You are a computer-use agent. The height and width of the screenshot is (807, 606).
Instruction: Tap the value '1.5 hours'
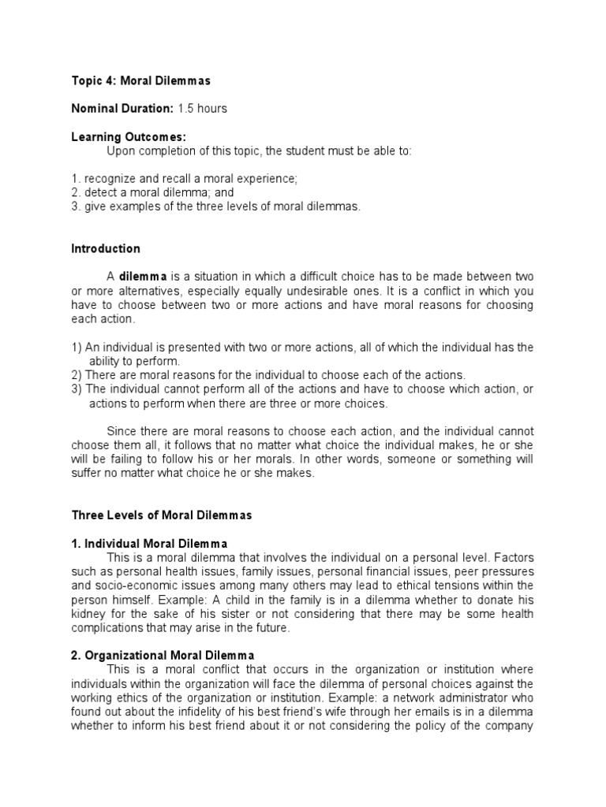pos(202,109)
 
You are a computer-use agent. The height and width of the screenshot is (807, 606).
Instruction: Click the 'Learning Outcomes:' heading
pos(129,137)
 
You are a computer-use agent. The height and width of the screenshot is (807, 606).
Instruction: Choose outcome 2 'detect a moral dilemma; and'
pos(152,192)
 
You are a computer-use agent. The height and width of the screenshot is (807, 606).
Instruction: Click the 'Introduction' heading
pos(106,249)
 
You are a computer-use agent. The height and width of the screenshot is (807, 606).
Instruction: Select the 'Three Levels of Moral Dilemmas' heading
pos(161,515)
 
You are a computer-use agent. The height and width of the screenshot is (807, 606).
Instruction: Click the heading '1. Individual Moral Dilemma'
pos(149,544)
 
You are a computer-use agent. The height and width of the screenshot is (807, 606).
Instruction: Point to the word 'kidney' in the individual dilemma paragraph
pos(88,614)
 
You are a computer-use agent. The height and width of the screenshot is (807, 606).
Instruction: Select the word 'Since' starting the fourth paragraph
pos(120,432)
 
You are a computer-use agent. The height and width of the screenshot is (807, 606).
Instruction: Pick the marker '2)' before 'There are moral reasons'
pos(77,375)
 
